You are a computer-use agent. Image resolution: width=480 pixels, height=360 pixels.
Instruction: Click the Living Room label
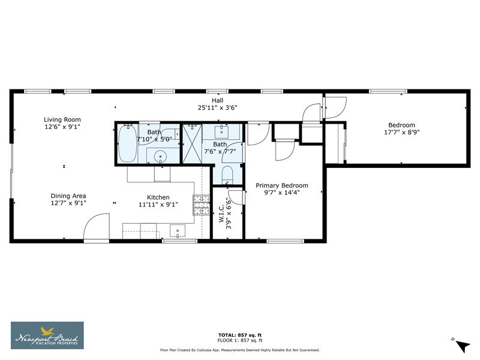62,119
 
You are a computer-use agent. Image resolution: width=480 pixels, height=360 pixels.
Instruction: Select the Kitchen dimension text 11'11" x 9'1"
158,205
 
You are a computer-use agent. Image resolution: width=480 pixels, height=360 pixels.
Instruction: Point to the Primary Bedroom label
281,185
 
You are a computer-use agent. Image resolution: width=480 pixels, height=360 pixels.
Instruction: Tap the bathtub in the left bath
127,145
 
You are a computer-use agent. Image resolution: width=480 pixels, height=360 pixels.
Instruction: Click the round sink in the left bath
161,157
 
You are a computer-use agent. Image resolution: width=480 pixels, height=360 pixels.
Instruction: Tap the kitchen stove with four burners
200,205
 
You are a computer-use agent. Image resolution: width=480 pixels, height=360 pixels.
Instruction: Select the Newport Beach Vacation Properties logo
47,335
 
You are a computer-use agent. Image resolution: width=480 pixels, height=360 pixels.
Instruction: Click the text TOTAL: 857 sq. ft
239,334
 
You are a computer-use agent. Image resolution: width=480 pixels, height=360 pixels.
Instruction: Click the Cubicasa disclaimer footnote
239,350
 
